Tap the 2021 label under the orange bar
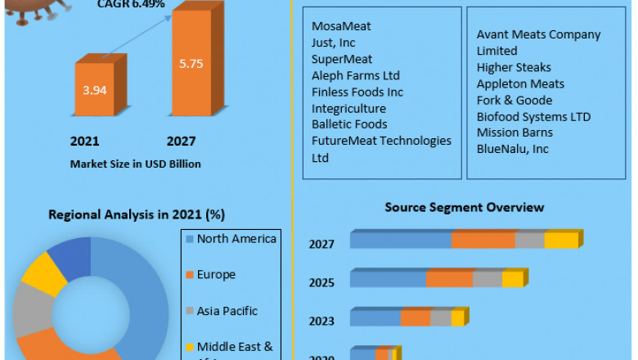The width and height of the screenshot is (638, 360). click(84, 140)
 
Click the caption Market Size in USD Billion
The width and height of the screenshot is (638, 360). click(136, 164)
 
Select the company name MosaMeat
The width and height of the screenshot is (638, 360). click(341, 26)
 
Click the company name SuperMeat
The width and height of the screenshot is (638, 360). click(342, 59)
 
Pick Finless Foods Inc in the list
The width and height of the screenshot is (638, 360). click(357, 92)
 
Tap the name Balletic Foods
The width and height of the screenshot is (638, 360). click(349, 124)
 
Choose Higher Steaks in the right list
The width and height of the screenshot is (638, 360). click(514, 67)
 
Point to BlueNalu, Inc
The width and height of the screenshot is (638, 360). click(513, 149)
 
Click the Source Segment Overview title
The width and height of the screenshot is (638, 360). click(465, 207)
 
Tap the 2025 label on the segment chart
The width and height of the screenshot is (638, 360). click(321, 282)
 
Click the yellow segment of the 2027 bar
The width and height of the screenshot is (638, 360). click(560, 241)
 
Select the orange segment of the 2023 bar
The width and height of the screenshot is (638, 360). click(416, 318)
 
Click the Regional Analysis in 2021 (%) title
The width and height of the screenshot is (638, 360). click(137, 214)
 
